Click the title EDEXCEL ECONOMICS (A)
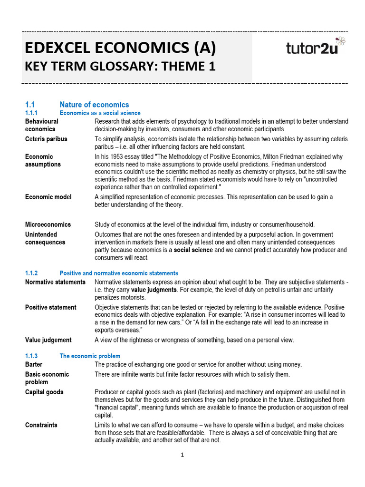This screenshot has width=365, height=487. pyautogui.click(x=120, y=48)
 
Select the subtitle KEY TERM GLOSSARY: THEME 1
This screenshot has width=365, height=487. pyautogui.click(x=120, y=67)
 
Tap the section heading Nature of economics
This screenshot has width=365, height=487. pyautogui.click(x=94, y=105)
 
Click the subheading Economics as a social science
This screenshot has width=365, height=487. pyautogui.click(x=100, y=113)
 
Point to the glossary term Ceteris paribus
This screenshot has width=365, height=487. pyautogui.click(x=46, y=139)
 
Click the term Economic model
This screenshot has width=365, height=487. pyautogui.click(x=48, y=197)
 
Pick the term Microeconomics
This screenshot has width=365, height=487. pyautogui.click(x=48, y=224)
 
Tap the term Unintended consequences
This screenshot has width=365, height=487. pyautogui.click(x=45, y=238)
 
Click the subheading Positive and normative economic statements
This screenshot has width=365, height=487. pyautogui.click(x=119, y=273)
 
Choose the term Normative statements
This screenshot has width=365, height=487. pyautogui.click(x=55, y=282)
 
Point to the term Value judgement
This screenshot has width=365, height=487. pyautogui.click(x=48, y=340)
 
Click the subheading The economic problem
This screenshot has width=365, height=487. pyautogui.click(x=90, y=356)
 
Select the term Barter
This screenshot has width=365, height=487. pyautogui.click(x=34, y=364)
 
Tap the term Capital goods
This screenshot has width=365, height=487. pyautogui.click(x=44, y=392)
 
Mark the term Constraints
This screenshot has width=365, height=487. pyautogui.click(x=41, y=425)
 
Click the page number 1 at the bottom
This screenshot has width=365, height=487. pyautogui.click(x=182, y=455)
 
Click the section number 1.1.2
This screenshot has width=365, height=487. pyautogui.click(x=31, y=273)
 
